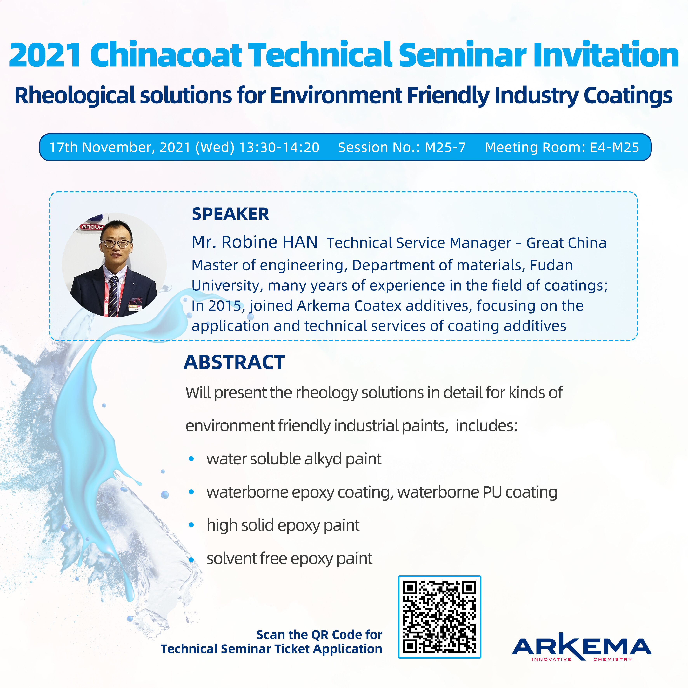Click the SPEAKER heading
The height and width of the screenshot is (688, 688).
230,214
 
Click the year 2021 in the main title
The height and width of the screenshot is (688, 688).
45,55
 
